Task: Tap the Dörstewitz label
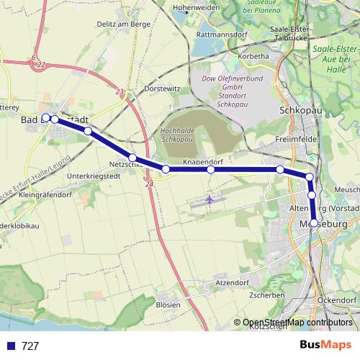coord(162,89)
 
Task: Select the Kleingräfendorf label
coord(45,194)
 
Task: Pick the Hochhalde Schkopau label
coord(177,135)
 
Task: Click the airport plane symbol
coord(210,199)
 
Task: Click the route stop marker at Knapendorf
coord(211,170)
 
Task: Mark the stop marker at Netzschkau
coord(132,157)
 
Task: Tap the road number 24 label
coord(149,185)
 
